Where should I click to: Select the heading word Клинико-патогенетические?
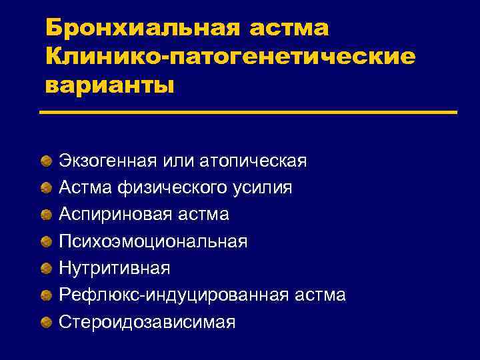[x=230, y=57]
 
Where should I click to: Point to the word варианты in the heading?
[x=109, y=85]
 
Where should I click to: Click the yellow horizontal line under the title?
[x=248, y=112]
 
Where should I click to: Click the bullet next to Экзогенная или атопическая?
[x=44, y=161]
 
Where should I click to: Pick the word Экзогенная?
[x=107, y=161]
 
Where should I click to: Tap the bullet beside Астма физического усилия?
[x=44, y=188]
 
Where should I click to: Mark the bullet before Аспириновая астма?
[x=44, y=215]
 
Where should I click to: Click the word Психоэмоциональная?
[x=153, y=241]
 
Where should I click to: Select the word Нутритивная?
[x=114, y=268]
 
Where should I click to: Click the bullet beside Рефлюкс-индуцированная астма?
[x=44, y=295]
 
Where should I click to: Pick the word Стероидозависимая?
[x=147, y=322]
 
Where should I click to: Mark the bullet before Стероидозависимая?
[x=44, y=322]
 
